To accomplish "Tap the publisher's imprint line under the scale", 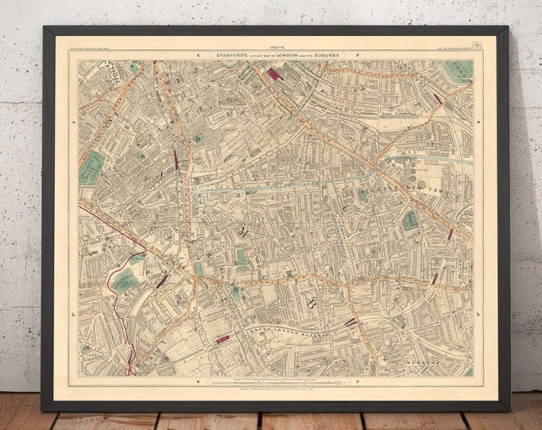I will click(x=276, y=393).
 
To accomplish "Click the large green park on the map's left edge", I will click(x=92, y=167).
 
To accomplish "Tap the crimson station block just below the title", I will click(x=275, y=73).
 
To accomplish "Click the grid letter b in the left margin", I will click(x=73, y=315).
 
